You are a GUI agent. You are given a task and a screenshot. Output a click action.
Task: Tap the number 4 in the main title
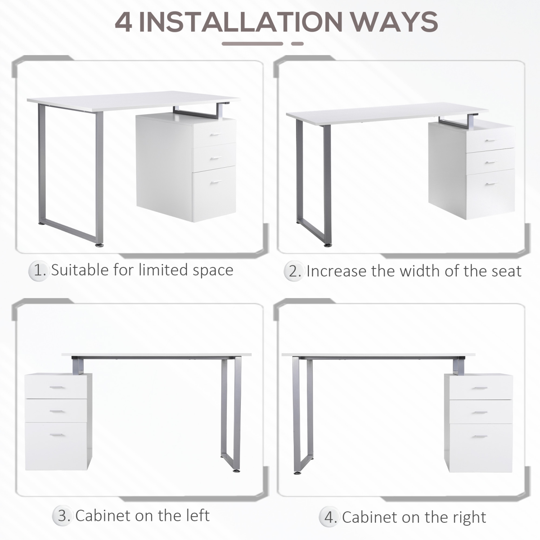123,22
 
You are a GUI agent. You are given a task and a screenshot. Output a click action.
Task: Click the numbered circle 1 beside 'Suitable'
39,271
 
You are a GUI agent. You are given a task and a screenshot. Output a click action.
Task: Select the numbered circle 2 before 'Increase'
294,272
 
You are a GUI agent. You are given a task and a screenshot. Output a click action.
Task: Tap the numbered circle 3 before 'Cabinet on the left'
63,516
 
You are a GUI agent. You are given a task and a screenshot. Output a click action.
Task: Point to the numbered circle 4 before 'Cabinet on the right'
329,518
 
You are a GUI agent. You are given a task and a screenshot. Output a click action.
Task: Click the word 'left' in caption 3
198,516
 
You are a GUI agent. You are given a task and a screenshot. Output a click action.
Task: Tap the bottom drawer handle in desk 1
216,183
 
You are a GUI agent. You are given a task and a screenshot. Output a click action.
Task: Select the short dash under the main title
297,44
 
